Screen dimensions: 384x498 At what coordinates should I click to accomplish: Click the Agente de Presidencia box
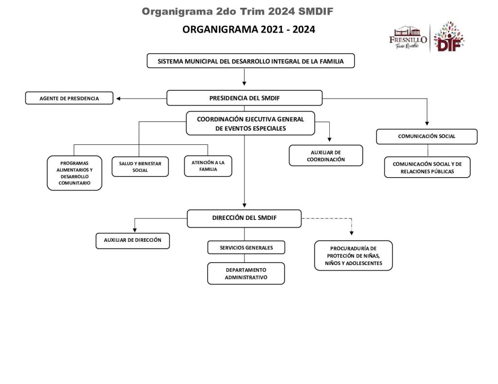click(x=69, y=99)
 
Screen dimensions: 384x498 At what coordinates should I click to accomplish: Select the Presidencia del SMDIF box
click(x=244, y=98)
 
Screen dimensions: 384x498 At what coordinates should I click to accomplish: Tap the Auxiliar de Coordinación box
click(x=326, y=155)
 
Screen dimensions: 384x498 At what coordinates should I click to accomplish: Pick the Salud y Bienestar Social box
click(x=140, y=167)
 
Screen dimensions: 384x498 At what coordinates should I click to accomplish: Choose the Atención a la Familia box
click(x=208, y=166)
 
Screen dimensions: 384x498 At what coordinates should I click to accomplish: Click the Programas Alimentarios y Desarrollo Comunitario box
click(x=74, y=173)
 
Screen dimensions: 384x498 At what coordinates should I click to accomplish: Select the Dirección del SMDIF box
click(x=244, y=218)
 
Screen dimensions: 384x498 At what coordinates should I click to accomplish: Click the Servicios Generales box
click(x=246, y=248)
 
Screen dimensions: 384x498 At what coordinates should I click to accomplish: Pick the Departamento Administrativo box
click(x=246, y=273)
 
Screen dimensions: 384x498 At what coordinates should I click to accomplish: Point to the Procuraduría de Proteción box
click(x=353, y=256)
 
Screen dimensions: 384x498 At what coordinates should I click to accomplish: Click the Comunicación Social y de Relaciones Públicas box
click(x=427, y=167)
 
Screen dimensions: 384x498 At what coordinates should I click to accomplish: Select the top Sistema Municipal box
click(x=250, y=61)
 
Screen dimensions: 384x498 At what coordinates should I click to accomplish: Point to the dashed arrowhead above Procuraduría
click(x=353, y=232)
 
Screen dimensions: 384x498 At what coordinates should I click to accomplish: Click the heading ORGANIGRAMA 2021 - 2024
click(x=249, y=30)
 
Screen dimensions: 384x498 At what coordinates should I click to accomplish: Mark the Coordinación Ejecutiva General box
click(x=250, y=124)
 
